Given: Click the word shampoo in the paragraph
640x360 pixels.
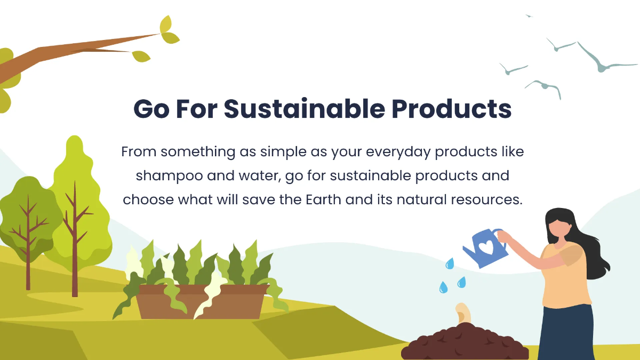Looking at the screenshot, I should (158, 176).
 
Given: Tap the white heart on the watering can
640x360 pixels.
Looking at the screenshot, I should (486, 247).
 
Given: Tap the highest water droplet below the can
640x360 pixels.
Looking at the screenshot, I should (450, 263).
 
